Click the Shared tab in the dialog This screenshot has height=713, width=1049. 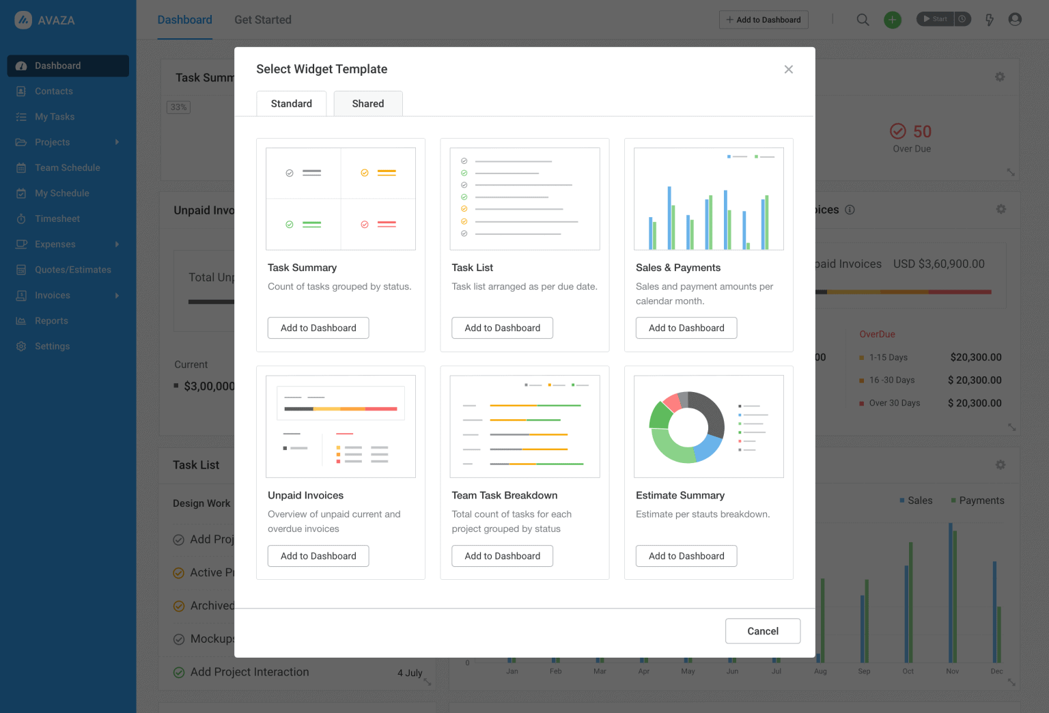tap(368, 104)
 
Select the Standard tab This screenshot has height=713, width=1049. tap(292, 104)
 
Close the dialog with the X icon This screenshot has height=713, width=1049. tap(788, 70)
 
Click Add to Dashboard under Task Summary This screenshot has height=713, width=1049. tap(318, 328)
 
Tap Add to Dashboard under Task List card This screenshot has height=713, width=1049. tap(502, 328)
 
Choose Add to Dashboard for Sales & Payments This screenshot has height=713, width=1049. tap(686, 328)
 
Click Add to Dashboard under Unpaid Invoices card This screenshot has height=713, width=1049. tap(318, 556)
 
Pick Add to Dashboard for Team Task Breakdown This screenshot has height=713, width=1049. tap(502, 556)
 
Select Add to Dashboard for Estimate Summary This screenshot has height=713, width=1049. tap(686, 556)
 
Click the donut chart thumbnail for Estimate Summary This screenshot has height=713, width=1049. tap(688, 427)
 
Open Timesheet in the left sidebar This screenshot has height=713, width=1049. tap(57, 219)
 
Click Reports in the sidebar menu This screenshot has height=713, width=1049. tap(51, 321)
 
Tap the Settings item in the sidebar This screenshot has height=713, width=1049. tap(52, 346)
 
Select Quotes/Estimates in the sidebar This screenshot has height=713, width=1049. tap(72, 270)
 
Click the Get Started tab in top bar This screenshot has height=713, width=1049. tap(263, 20)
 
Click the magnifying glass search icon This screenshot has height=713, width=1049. tap(863, 20)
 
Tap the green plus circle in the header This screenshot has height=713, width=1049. tap(892, 20)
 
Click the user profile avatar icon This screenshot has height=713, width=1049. tap(1015, 20)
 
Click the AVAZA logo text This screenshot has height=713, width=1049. tap(56, 20)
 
